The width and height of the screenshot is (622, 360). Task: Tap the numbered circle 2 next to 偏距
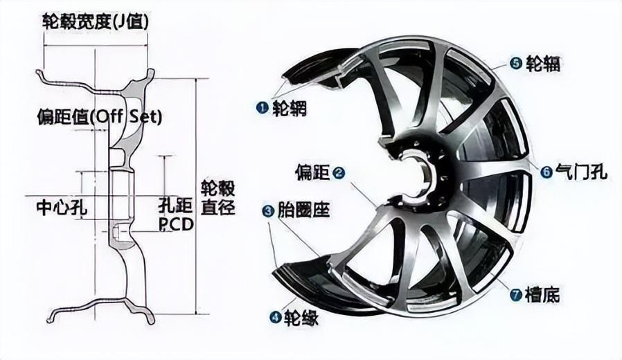pyautogui.click(x=338, y=172)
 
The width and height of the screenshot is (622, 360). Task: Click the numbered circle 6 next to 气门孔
pyautogui.click(x=546, y=172)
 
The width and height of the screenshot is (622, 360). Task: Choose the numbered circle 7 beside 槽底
pyautogui.click(x=515, y=295)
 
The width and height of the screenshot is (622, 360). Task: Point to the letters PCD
pyautogui.click(x=175, y=225)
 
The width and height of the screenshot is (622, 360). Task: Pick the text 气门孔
pyautogui.click(x=579, y=172)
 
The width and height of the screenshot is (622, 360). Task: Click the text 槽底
pyautogui.click(x=542, y=295)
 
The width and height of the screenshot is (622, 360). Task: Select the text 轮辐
pyautogui.click(x=543, y=64)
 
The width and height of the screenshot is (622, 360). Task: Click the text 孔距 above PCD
pyautogui.click(x=175, y=206)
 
